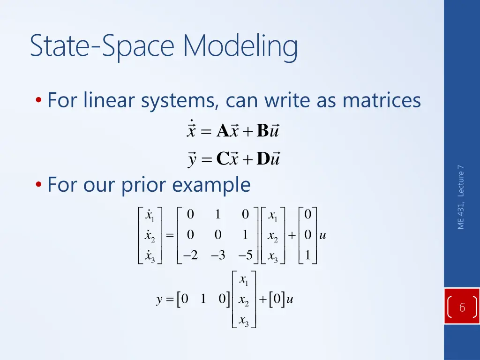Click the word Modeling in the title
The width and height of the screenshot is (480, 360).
[x=240, y=47]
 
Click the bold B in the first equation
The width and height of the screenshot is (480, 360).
[x=262, y=132]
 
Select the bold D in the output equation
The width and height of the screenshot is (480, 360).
[x=263, y=160]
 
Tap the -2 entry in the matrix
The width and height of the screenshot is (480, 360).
[x=190, y=255]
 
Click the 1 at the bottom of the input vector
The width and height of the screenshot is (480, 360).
[x=307, y=255]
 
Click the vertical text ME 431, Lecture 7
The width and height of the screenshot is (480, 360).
[x=461, y=197]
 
